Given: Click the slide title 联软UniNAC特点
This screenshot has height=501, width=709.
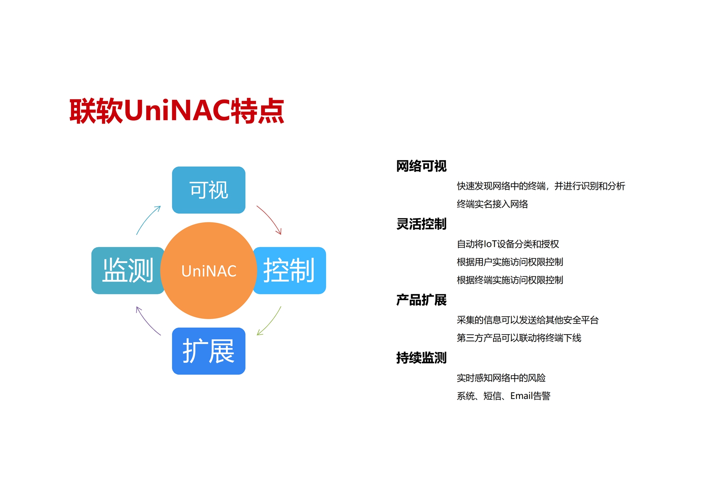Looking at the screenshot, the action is click(177, 111).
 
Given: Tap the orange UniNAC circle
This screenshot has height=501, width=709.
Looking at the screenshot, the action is click(209, 271).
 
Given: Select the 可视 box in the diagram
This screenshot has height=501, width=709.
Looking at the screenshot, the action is click(209, 190).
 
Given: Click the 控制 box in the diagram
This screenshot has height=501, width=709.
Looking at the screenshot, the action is click(290, 270).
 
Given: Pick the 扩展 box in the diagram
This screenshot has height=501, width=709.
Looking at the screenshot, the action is click(209, 351).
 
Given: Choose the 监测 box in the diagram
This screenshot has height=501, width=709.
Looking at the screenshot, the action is click(128, 270).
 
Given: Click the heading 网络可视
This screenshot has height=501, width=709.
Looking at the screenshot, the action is click(421, 166).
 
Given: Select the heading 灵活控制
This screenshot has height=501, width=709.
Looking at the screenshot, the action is click(421, 224).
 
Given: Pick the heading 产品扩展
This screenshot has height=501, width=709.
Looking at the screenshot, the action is click(421, 300).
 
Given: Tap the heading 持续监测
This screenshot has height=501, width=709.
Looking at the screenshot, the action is click(421, 358).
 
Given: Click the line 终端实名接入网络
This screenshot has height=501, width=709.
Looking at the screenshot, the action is click(492, 204).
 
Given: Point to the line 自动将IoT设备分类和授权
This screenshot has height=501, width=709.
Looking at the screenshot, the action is click(508, 244).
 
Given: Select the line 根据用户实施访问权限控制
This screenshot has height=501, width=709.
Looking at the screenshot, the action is click(510, 262).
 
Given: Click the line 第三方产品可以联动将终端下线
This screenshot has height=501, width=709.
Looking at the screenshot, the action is click(519, 338).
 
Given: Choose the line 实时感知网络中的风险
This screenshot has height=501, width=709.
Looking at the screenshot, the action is click(501, 378).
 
